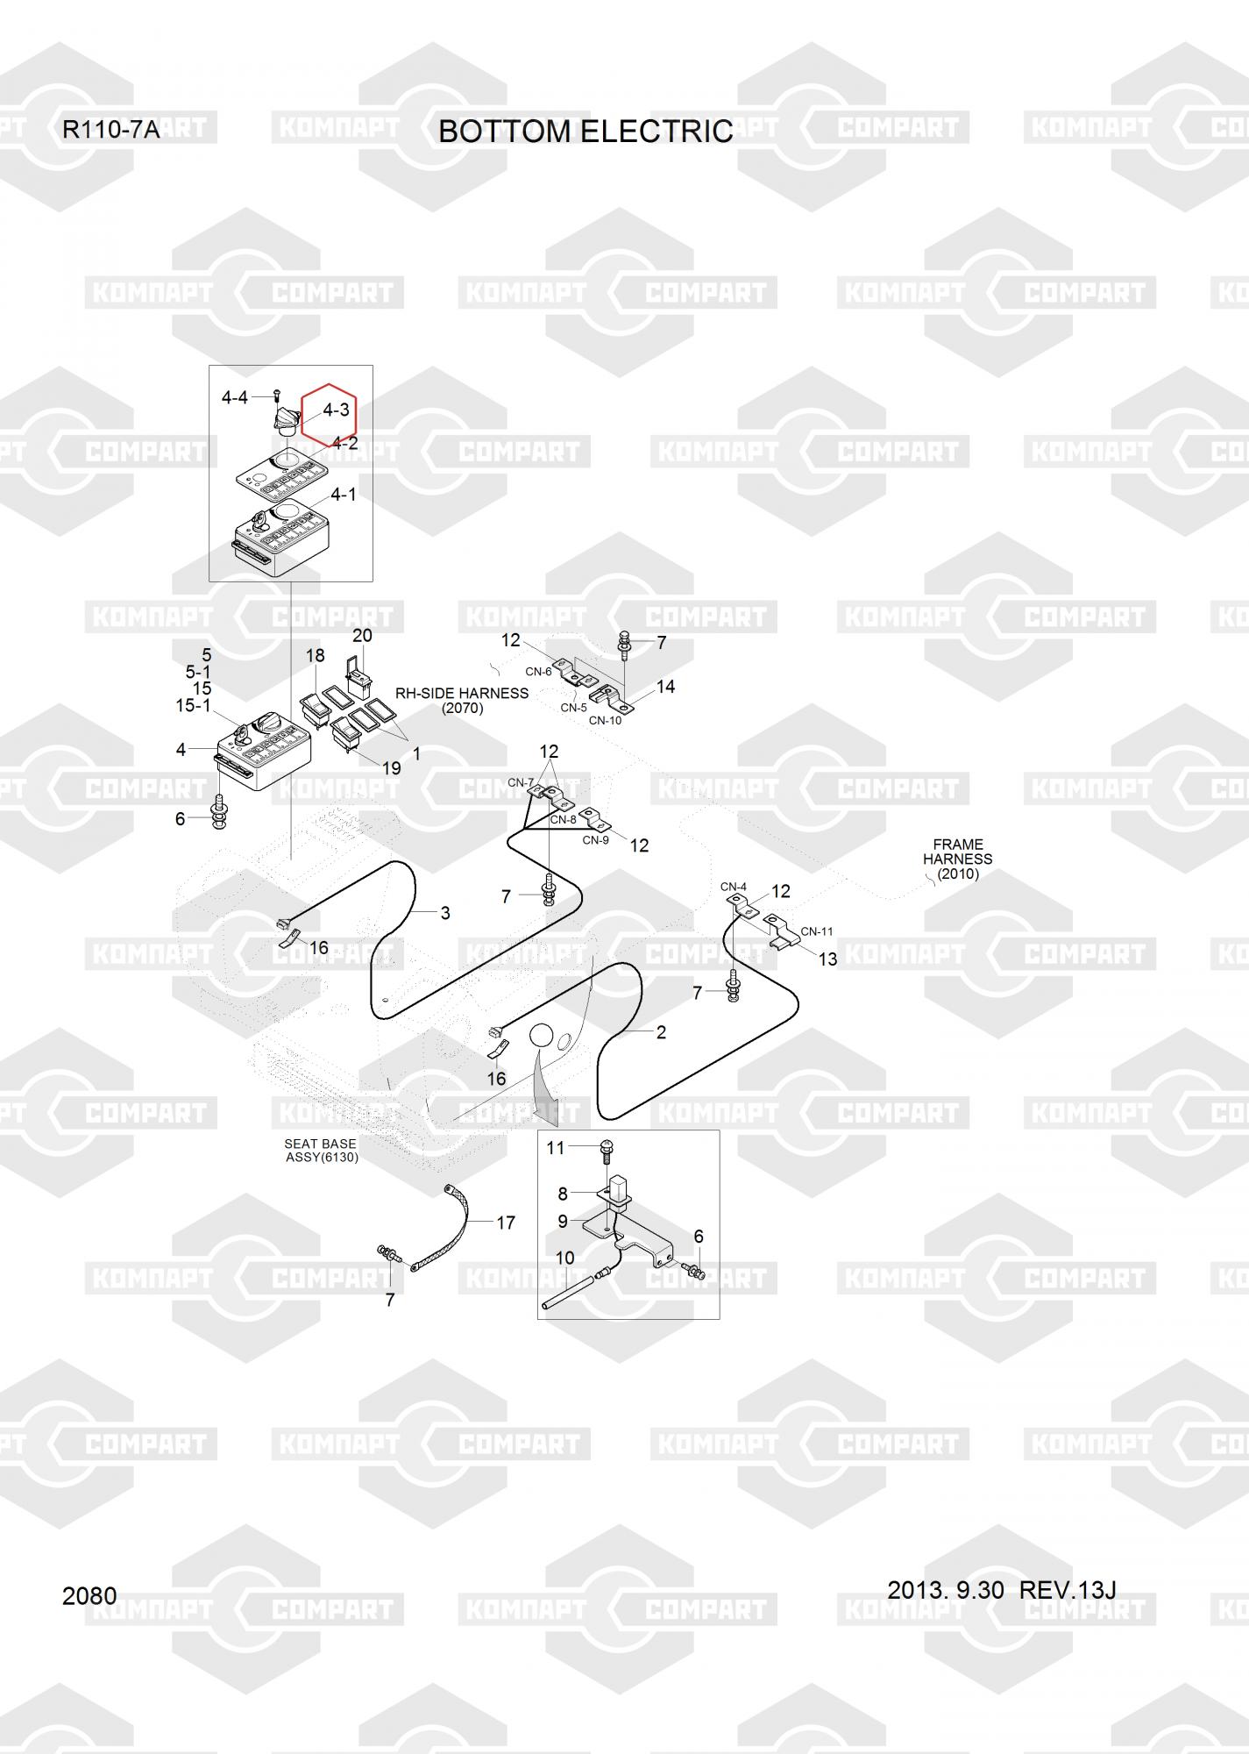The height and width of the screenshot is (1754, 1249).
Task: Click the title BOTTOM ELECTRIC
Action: [x=585, y=131]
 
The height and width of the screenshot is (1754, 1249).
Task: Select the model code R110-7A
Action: [x=110, y=131]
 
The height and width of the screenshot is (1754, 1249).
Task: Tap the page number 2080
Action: [x=89, y=1596]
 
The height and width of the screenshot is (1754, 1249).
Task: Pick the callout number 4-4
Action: [x=235, y=398]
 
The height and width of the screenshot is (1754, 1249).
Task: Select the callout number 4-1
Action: [x=344, y=496]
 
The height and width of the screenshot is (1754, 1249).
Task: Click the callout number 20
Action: [x=362, y=636]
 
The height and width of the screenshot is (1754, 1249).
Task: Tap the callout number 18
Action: [x=315, y=656]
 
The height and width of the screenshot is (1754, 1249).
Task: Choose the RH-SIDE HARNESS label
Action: [x=462, y=700]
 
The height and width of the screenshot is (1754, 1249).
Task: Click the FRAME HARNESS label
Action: [x=958, y=859]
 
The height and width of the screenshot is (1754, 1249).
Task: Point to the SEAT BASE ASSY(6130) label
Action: [x=321, y=1151]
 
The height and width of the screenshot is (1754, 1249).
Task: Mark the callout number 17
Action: [x=506, y=1223]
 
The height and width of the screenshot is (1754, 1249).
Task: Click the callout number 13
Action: [x=827, y=959]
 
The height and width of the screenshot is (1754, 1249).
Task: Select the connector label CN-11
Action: [x=817, y=931]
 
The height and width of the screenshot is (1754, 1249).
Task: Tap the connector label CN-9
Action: [x=595, y=840]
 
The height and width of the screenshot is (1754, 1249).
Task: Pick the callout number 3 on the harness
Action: [x=445, y=913]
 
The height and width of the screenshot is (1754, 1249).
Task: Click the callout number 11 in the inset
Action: [x=556, y=1148]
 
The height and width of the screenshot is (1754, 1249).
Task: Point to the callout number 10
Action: [x=565, y=1258]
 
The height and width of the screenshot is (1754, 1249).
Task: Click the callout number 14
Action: [x=666, y=687]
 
